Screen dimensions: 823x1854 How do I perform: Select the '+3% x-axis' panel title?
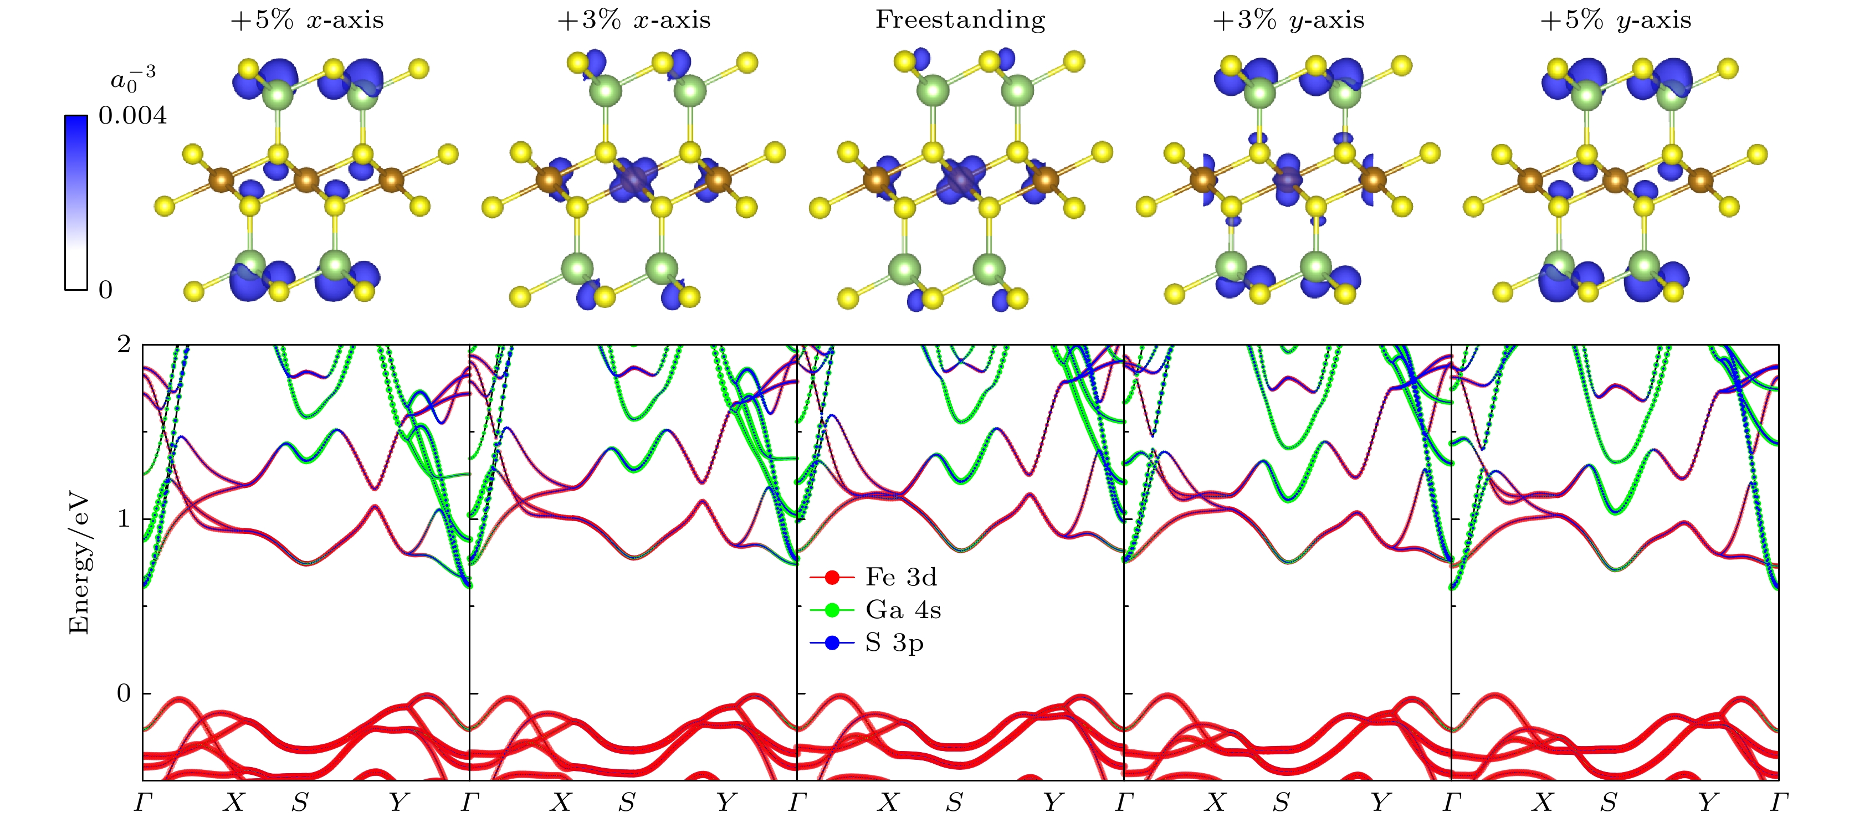(633, 20)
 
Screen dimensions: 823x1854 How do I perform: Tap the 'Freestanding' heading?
(960, 20)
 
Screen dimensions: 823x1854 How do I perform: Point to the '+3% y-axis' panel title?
(1288, 20)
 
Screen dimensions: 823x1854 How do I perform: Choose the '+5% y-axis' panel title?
(1615, 20)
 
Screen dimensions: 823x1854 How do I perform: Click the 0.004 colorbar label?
(132, 115)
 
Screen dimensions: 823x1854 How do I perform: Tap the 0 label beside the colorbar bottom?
(105, 290)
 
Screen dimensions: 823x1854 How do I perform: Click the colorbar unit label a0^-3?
(132, 79)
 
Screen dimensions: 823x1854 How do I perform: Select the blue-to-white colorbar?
(76, 203)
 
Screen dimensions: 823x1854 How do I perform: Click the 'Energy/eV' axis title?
(79, 563)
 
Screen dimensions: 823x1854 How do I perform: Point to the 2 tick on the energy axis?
(125, 345)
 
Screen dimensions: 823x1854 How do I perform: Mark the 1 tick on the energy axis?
(125, 519)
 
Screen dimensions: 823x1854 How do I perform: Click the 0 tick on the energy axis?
(125, 693)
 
